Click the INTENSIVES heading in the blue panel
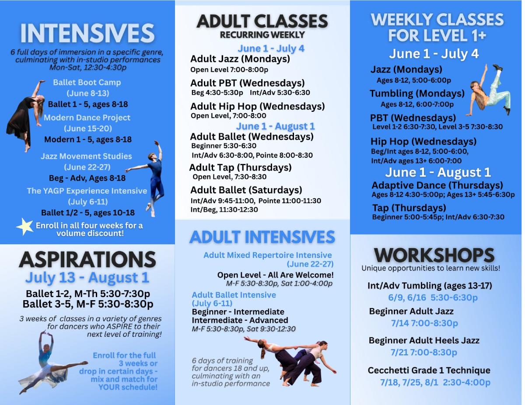[87, 33]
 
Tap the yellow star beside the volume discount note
[25, 226]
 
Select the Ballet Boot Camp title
[87, 82]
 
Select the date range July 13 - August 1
[87, 277]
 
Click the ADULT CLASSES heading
[262, 21]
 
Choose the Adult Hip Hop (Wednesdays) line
[258, 106]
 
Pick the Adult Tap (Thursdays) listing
[240, 167]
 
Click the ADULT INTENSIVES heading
[262, 237]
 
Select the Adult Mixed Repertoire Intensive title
[267, 255]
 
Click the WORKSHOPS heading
[434, 255]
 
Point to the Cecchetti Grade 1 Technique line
[429, 370]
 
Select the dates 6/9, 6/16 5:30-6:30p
[433, 298]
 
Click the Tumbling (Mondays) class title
[417, 93]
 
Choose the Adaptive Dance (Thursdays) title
[437, 185]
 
